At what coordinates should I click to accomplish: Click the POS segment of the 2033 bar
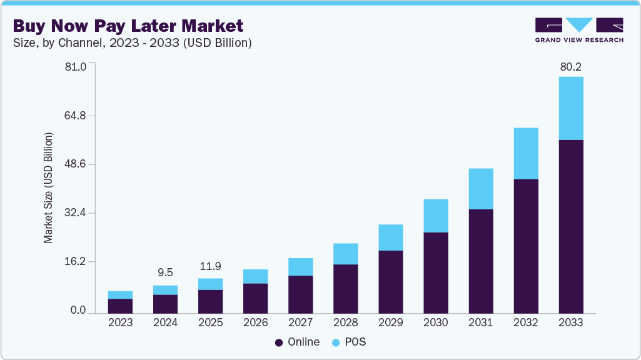point(570,108)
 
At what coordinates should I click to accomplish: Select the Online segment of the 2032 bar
point(525,246)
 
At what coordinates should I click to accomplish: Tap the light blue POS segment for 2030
point(435,216)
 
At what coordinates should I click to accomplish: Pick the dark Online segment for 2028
point(345,288)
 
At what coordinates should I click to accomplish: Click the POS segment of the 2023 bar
point(120,295)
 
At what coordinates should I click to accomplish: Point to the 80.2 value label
point(570,67)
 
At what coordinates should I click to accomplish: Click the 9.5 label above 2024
point(165,272)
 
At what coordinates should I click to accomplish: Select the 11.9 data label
point(210,266)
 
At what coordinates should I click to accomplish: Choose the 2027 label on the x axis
point(300,323)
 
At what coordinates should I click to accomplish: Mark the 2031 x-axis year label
point(480,323)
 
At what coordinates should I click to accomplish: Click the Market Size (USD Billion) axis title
point(48,187)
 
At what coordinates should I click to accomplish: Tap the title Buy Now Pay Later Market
point(128,27)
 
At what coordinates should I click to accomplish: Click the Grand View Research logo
point(578,29)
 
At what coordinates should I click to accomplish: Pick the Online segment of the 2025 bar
point(210,301)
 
